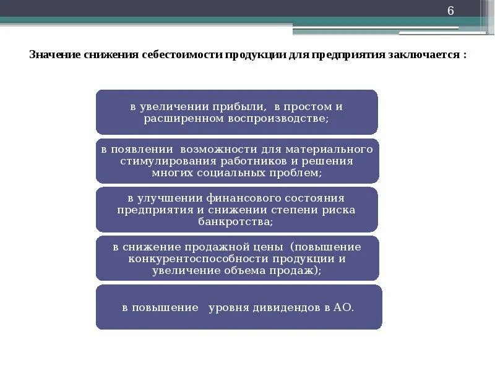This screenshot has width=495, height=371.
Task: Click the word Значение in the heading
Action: [x=51, y=54]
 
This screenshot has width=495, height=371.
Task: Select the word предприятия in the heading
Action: [x=349, y=54]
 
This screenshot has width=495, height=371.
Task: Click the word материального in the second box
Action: [x=337, y=150]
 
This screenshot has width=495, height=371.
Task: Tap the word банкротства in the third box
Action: [x=236, y=221]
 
